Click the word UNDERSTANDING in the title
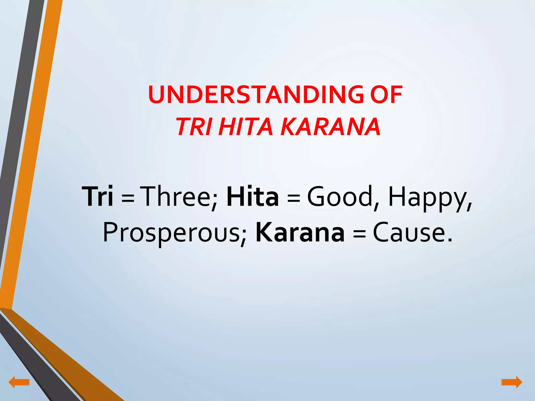pyautogui.click(x=255, y=95)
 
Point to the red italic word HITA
pyautogui.click(x=246, y=127)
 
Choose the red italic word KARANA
pyautogui.click(x=330, y=127)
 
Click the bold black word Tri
pyautogui.click(x=97, y=196)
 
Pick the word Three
pyautogui.click(x=178, y=196)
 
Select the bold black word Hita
pyautogui.click(x=252, y=196)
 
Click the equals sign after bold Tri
pyautogui.click(x=128, y=198)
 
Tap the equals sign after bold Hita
pyautogui.click(x=293, y=198)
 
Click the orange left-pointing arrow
pyautogui.click(x=19, y=382)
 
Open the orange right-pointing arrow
pyautogui.click(x=512, y=382)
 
